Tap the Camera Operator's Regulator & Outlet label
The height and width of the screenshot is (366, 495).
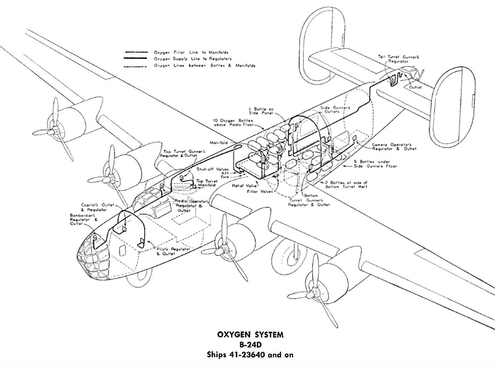394,147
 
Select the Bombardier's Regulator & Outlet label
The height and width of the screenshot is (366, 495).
83,219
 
